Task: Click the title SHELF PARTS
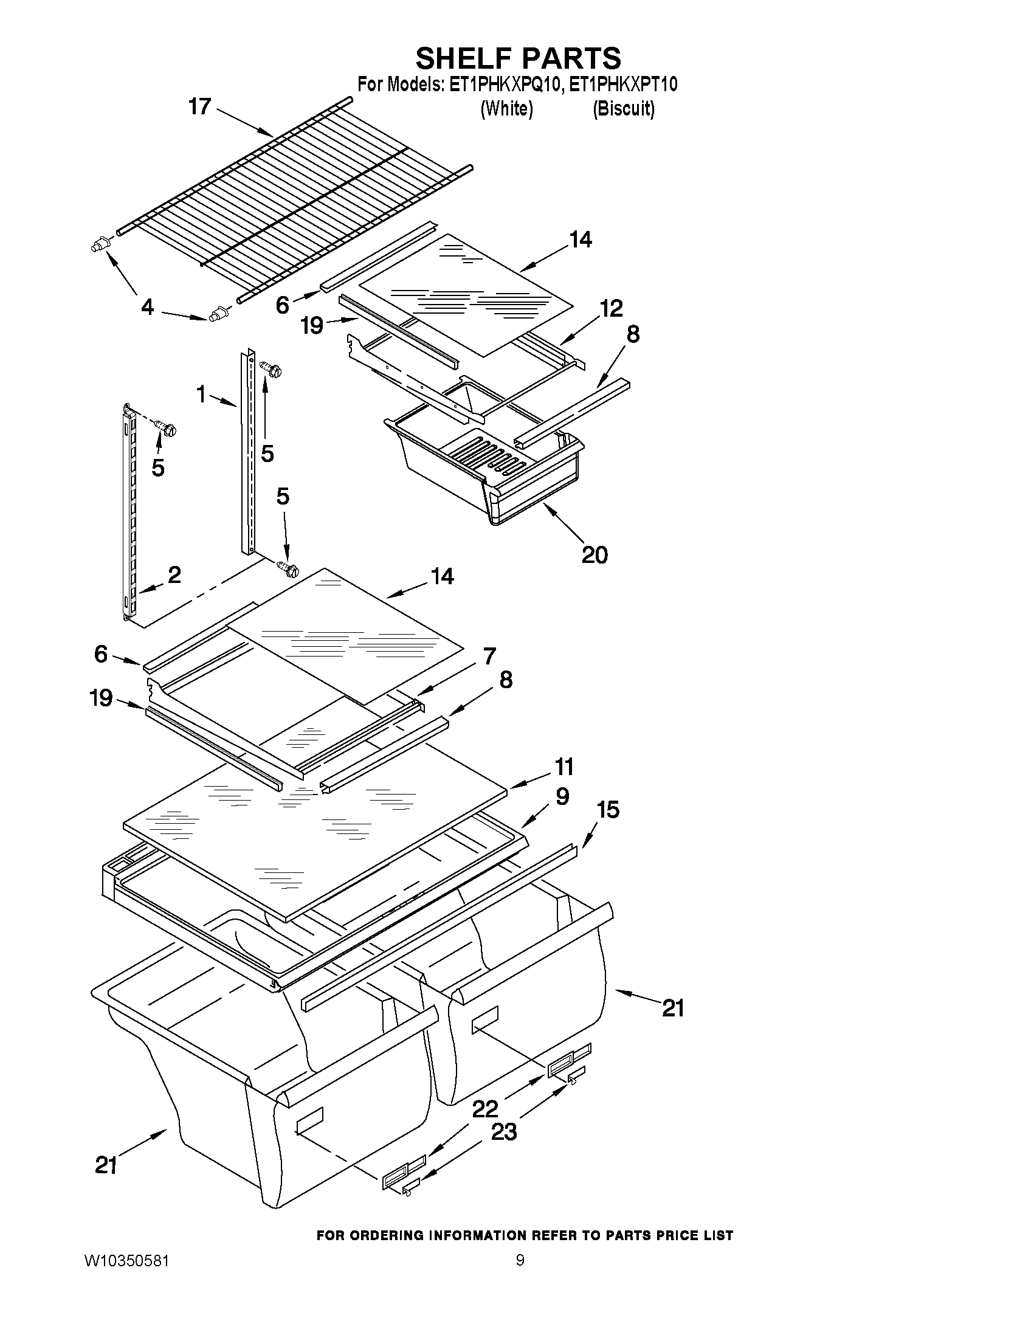519,58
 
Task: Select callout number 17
200,106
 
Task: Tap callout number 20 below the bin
594,555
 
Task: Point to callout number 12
610,308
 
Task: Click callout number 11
564,767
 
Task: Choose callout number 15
608,810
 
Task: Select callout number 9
562,796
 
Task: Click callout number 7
489,656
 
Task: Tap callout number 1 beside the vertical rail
201,395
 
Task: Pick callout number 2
174,574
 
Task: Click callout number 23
503,1131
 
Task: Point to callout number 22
485,1108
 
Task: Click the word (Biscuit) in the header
623,108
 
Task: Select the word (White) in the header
506,108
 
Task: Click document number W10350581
126,1278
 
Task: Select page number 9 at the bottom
520,1278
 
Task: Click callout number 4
148,306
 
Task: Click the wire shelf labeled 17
294,202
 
